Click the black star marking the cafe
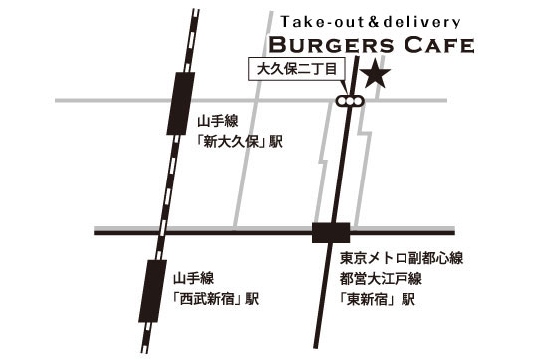[375, 74]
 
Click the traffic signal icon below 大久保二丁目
[350, 101]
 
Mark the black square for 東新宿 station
[327, 233]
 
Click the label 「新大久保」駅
[240, 142]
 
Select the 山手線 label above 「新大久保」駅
[215, 121]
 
